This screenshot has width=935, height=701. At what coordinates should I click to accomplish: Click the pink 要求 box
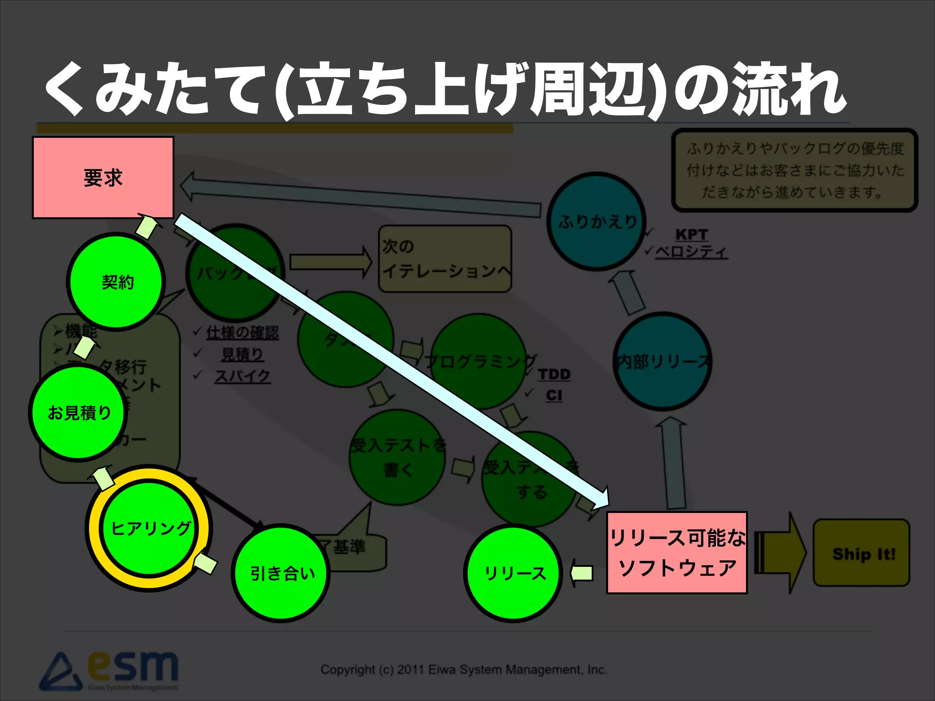point(103,178)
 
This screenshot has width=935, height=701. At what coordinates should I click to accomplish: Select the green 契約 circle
point(116,282)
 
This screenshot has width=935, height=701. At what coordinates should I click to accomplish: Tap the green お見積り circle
point(79,413)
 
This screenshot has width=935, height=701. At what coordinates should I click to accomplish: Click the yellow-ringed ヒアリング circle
point(149,528)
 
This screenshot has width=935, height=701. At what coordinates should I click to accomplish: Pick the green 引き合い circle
point(281,573)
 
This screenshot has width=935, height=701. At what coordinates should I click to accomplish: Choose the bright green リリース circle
point(514,573)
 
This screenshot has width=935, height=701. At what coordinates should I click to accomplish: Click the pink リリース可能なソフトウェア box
point(677,553)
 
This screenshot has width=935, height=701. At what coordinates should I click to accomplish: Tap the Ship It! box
point(861,553)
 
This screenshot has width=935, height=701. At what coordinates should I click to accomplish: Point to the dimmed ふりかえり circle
point(596,222)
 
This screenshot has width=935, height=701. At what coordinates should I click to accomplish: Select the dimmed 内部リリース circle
point(662,361)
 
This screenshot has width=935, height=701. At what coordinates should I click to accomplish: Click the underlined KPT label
point(691,235)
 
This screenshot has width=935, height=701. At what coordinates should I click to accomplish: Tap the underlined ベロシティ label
point(691,251)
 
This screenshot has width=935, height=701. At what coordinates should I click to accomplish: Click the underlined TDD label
point(554,374)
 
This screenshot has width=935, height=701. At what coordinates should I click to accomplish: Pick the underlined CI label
point(554,395)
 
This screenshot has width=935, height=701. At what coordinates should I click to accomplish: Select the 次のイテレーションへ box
point(445,259)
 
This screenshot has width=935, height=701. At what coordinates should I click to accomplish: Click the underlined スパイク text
point(242,376)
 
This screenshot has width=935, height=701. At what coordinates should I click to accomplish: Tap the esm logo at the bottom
point(110,671)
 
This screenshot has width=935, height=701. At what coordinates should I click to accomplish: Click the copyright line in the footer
point(464,670)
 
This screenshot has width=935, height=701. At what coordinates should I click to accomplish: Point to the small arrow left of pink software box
point(582,573)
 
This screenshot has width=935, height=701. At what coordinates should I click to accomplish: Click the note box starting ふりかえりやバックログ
point(794,170)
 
